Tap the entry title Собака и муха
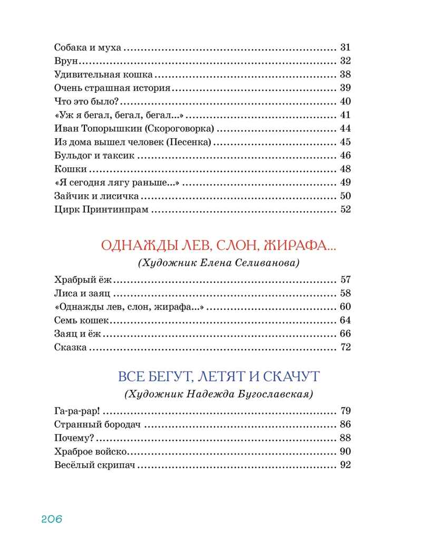88,47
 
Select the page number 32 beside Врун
346,59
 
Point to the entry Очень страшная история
112,87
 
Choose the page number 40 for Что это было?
346,101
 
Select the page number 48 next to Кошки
346,169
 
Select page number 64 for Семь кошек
346,320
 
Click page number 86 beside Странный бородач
346,425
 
